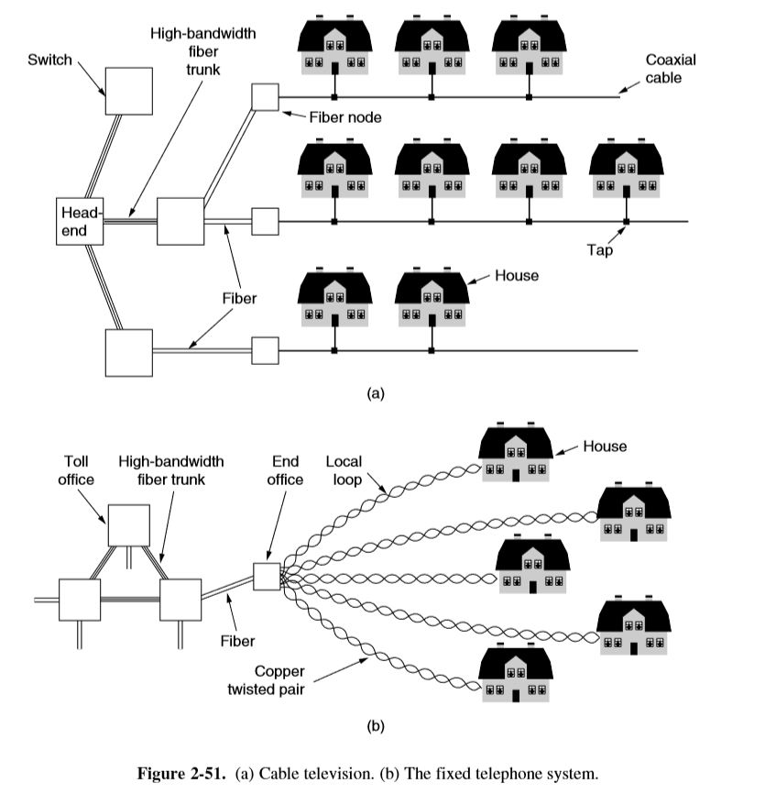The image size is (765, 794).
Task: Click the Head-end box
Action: click(80, 220)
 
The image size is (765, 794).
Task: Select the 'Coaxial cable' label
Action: click(671, 69)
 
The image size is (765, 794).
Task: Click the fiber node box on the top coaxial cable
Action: click(265, 96)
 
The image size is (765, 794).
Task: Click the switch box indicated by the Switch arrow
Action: click(128, 91)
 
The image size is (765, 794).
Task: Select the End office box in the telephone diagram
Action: click(266, 576)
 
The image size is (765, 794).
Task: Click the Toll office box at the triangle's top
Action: click(128, 524)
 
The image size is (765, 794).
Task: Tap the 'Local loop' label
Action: click(344, 470)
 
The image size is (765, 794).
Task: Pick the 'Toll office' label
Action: click(77, 470)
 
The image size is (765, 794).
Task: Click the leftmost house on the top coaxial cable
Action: click(334, 48)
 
